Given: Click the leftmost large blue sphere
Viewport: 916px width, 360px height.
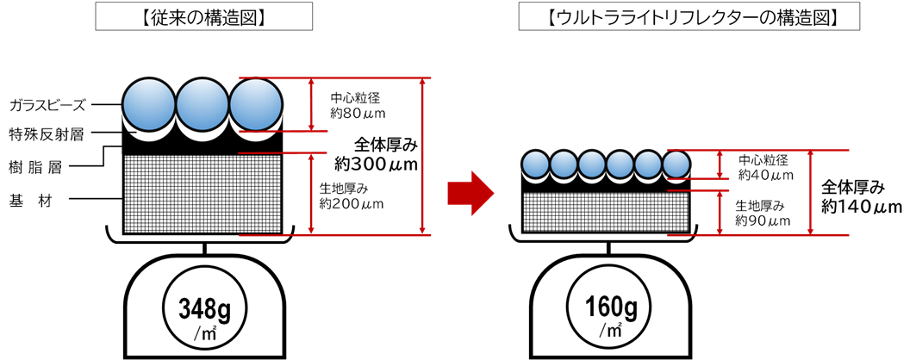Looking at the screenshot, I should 149,104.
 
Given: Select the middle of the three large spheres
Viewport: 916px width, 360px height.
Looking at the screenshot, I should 202,104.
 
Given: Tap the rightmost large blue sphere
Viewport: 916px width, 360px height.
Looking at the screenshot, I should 255,104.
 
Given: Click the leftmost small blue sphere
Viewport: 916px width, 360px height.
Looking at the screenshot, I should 536,164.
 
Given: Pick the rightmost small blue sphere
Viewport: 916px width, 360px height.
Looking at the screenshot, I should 677,164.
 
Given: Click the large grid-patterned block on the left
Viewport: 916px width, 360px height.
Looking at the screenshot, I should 203,194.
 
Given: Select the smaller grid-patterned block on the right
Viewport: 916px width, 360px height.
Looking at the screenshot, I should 606,212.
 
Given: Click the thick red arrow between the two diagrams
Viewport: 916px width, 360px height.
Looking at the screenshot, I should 470,193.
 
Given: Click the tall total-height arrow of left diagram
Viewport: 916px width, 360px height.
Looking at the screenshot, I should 421,156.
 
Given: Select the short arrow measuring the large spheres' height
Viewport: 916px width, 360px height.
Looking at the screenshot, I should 312,104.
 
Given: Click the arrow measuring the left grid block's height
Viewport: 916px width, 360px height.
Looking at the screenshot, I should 311,194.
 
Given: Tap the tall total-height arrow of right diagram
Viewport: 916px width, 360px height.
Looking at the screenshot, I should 810,192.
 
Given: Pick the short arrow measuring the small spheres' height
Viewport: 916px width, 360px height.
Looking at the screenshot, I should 720,164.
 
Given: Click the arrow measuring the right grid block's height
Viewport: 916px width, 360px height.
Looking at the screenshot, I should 720,213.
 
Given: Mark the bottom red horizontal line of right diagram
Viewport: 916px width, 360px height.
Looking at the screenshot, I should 758,234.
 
